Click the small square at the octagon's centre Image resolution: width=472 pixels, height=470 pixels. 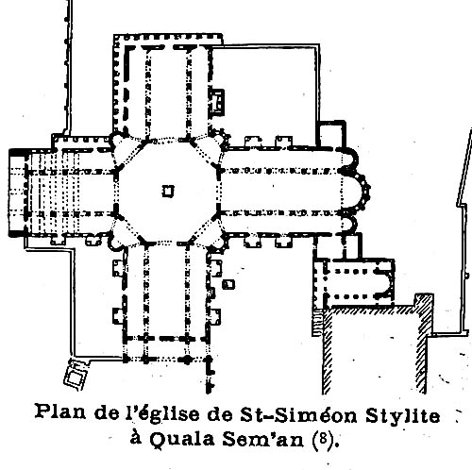168,191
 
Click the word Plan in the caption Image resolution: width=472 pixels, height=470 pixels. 60,411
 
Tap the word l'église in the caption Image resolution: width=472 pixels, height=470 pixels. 163,412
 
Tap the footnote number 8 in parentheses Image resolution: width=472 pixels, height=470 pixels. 322,439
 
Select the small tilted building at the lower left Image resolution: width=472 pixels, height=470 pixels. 76,376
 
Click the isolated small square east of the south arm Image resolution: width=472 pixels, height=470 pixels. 228,284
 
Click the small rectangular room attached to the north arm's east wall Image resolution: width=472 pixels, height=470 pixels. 217,101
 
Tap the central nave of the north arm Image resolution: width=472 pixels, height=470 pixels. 168,92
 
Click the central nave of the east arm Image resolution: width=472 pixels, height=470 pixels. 281,192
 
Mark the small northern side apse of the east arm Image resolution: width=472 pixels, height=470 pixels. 350,159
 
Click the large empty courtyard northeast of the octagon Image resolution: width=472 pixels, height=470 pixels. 264,94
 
